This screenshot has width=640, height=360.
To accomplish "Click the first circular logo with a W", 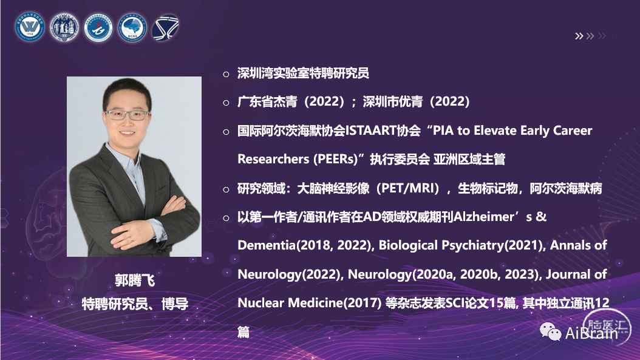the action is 30,27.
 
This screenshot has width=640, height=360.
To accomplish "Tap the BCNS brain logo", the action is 132,28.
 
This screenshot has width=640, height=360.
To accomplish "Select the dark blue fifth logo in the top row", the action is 165,28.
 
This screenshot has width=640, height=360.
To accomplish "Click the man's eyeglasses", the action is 126,115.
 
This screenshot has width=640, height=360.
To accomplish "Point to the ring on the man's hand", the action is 131,239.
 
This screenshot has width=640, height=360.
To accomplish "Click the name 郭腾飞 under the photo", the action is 134,281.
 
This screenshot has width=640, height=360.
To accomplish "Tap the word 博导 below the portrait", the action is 175,304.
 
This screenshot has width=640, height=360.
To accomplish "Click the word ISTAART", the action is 371,131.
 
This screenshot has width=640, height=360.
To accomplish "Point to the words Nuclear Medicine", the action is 290,303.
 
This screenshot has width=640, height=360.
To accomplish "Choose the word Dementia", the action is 267,245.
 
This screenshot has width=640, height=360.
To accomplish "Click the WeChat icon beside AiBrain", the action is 550,331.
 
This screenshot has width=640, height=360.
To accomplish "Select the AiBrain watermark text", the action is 591,333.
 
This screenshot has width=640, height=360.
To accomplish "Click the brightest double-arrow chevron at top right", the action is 579,36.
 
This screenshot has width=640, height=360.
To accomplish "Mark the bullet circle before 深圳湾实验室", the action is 226,74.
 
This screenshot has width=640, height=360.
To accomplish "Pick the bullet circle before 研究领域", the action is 226,189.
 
